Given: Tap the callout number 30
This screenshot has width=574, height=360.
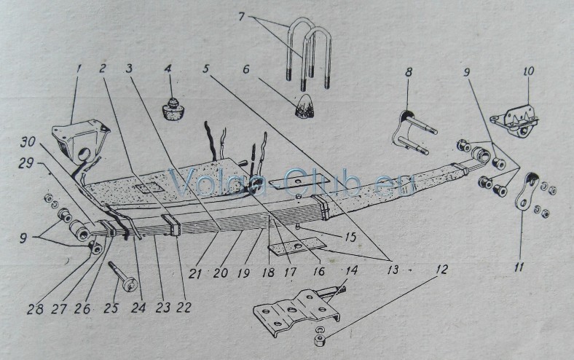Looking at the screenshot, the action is pyautogui.click(x=28, y=142).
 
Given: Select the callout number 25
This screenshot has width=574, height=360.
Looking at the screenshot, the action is pyautogui.click(x=111, y=308).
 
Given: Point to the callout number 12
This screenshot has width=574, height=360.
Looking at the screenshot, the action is pyautogui.click(x=441, y=270).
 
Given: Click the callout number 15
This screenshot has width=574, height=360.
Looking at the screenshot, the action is pyautogui.click(x=350, y=238).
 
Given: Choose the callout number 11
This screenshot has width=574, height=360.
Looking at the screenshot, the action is pyautogui.click(x=519, y=267).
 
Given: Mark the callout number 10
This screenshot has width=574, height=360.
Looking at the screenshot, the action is pyautogui.click(x=527, y=71).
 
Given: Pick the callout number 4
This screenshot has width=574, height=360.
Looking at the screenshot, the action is pyautogui.click(x=168, y=69).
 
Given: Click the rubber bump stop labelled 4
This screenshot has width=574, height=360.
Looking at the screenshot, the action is pyautogui.click(x=173, y=108).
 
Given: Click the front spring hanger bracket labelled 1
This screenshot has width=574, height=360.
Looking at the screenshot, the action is pyautogui.click(x=82, y=141).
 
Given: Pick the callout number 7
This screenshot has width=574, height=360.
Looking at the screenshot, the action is pyautogui.click(x=241, y=17).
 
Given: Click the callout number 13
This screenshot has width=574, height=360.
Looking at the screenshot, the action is pyautogui.click(x=393, y=270).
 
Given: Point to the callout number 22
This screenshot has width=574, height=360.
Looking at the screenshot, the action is pyautogui.click(x=184, y=307).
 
